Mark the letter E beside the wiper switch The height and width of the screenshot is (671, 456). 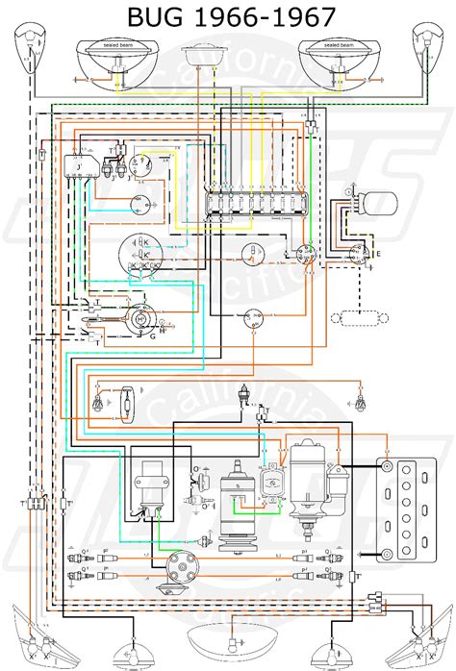(x=377, y=254)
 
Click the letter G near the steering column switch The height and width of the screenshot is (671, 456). (x=152, y=335)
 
